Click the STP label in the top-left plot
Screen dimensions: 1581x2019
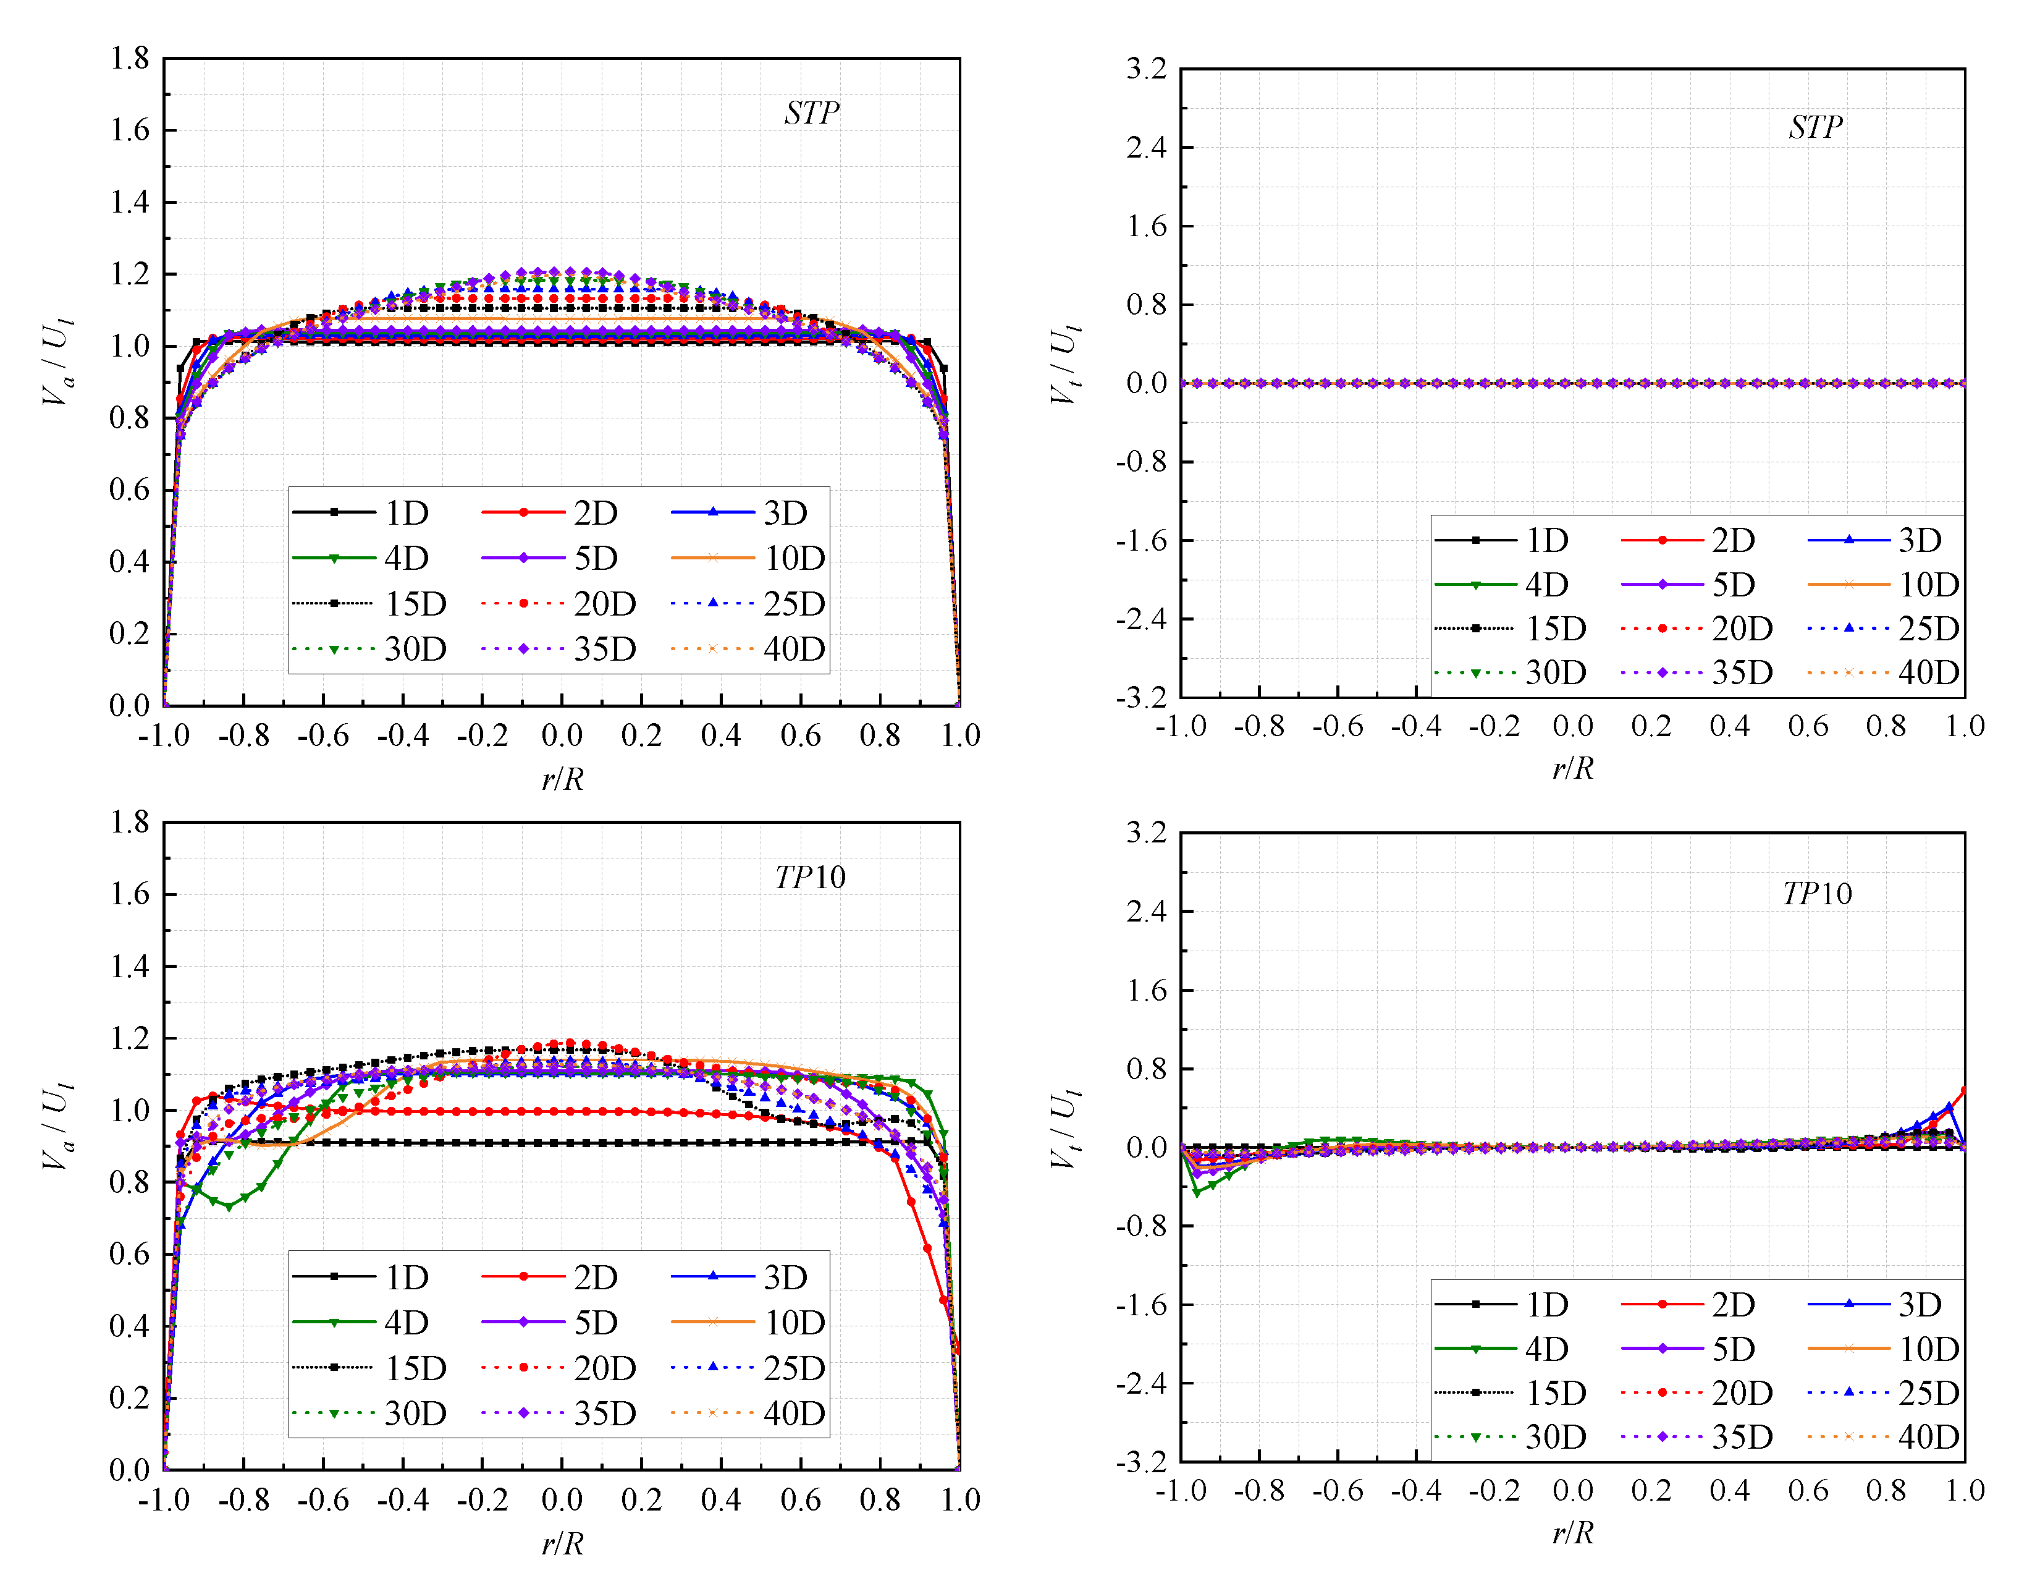pyautogui.click(x=811, y=113)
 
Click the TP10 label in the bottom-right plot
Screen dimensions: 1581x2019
pyautogui.click(x=1816, y=893)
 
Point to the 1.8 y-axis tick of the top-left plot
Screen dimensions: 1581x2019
pyautogui.click(x=130, y=58)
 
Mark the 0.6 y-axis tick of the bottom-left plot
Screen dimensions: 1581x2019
pyautogui.click(x=130, y=1254)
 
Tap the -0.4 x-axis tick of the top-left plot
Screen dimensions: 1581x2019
pyautogui.click(x=403, y=736)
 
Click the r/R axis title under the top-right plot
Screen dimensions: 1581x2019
pyautogui.click(x=1573, y=768)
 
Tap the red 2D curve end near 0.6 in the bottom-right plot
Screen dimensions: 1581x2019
pyautogui.click(x=1963, y=1090)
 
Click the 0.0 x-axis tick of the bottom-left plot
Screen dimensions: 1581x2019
pyautogui.click(x=562, y=1499)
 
